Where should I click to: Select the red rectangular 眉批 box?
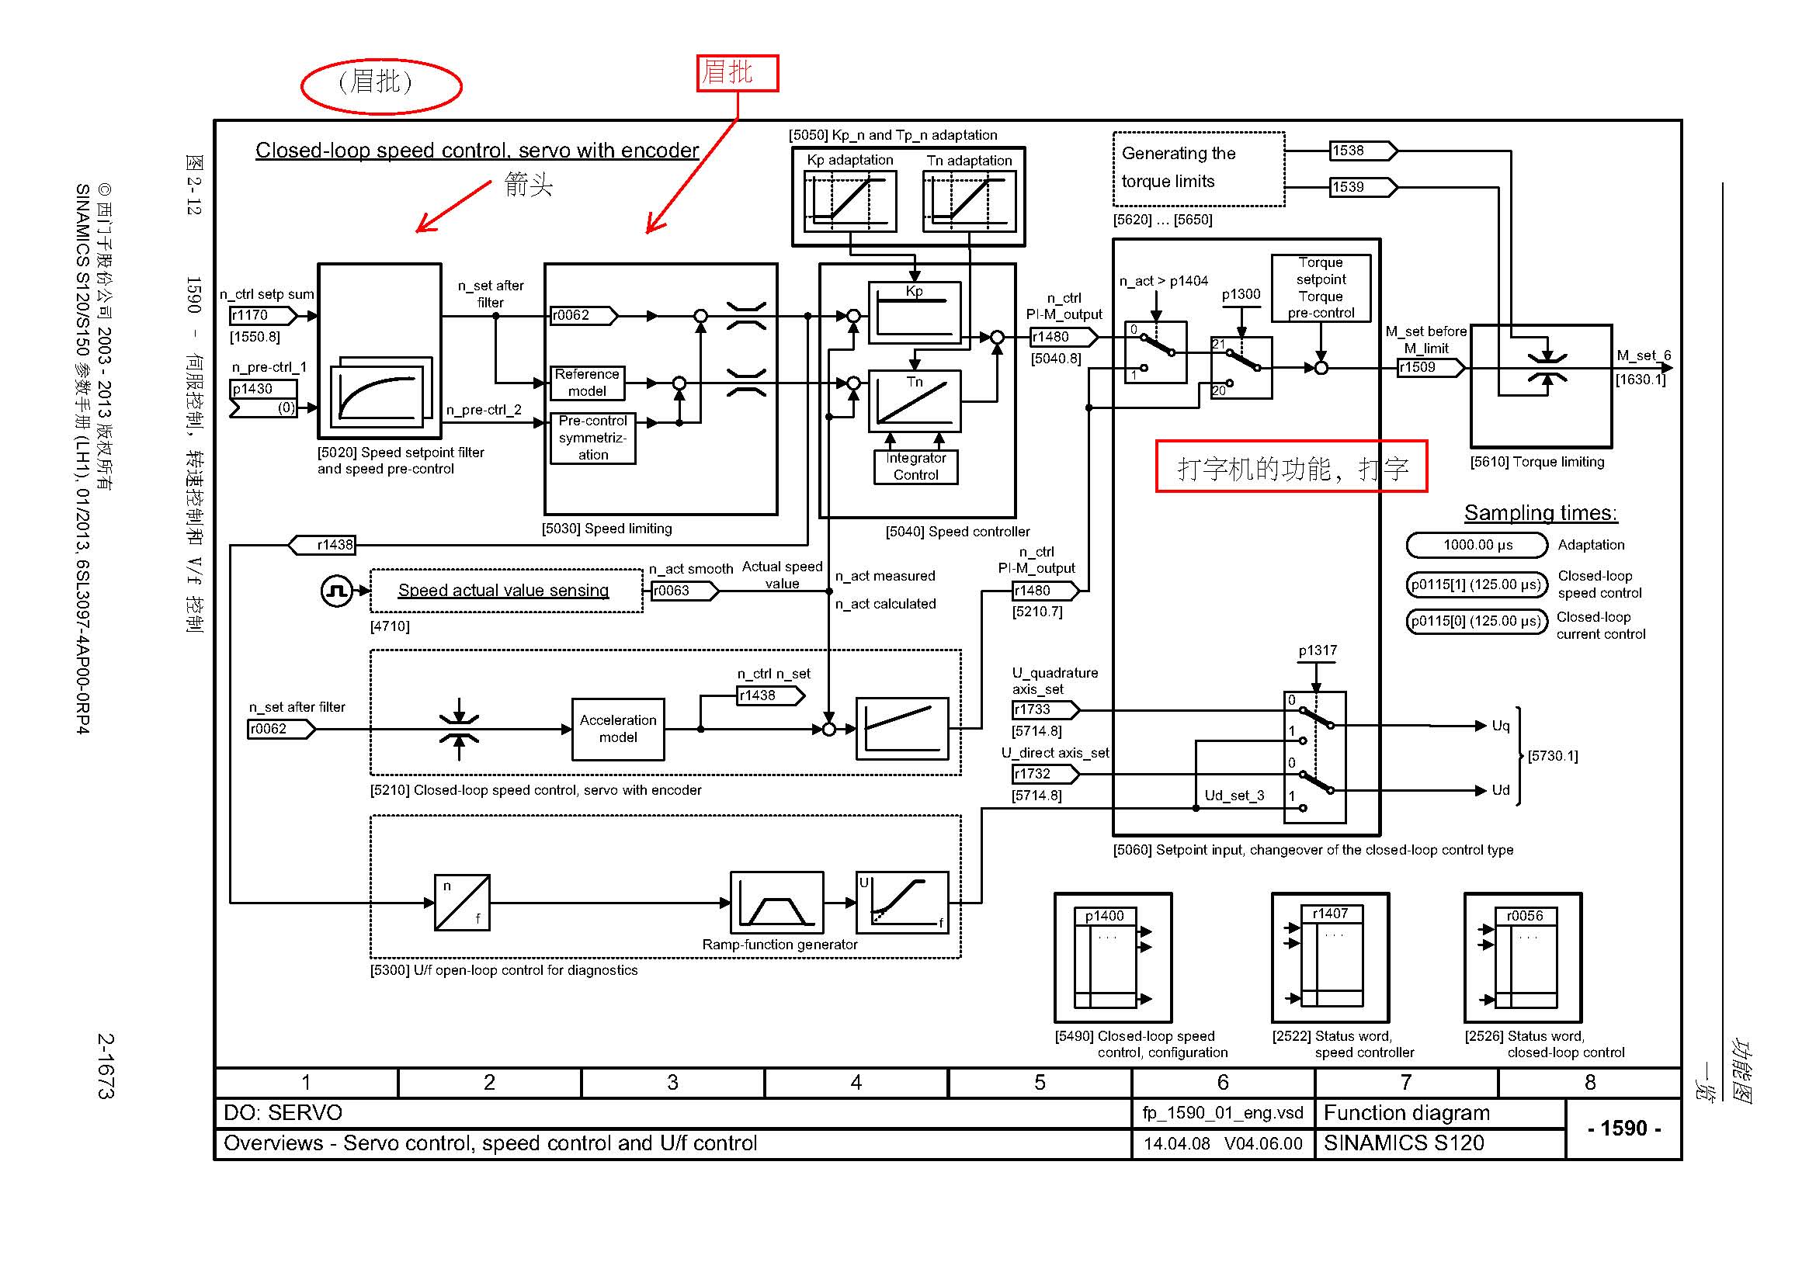[x=737, y=73]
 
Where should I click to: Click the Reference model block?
[x=587, y=383]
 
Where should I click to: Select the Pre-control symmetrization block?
[x=593, y=438]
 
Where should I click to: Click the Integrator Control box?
[x=915, y=466]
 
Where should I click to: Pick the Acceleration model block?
[x=618, y=729]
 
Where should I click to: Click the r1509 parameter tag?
[x=1431, y=368]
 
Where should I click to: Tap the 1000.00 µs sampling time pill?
[x=1477, y=545]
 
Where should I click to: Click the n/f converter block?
[x=462, y=902]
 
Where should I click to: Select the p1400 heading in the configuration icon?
[x=1105, y=915]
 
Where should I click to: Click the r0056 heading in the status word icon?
[x=1525, y=915]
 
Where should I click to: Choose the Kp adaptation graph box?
[x=850, y=202]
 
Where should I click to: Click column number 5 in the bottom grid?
[x=1040, y=1082]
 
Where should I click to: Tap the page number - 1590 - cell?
[x=1623, y=1128]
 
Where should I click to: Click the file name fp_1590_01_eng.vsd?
[x=1223, y=1113]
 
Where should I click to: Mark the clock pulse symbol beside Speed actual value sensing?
[x=337, y=591]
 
